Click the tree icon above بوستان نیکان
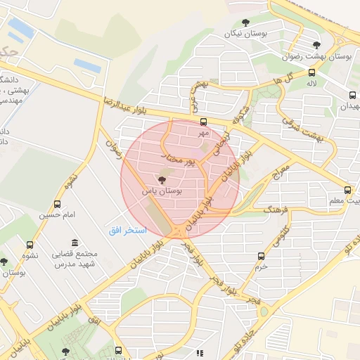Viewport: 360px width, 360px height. click(x=245, y=23)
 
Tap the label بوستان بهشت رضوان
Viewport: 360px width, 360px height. click(x=321, y=56)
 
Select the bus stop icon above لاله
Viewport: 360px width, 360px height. click(x=311, y=72)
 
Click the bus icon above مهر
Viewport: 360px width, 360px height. click(x=203, y=122)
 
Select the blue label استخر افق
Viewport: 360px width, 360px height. click(x=127, y=231)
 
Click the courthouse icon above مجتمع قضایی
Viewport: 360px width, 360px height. click(x=75, y=243)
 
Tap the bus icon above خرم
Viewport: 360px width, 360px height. click(x=262, y=256)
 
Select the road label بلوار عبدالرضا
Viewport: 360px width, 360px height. click(x=126, y=105)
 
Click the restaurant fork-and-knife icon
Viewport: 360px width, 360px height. click(x=200, y=353)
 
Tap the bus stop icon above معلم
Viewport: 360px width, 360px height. click(x=347, y=190)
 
